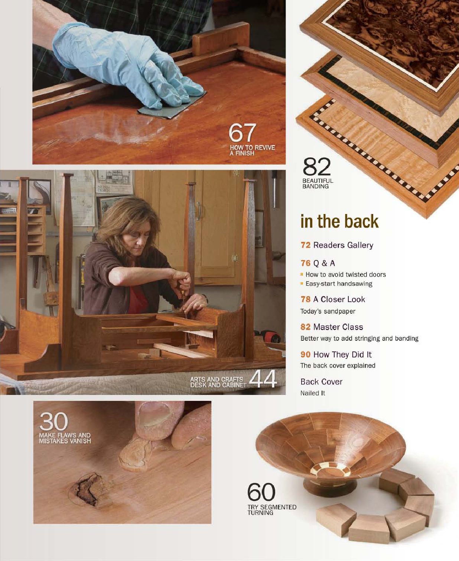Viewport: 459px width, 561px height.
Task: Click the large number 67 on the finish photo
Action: (x=242, y=133)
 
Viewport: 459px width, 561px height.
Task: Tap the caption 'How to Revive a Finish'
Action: (x=252, y=150)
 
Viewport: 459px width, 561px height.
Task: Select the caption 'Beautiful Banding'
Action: (x=318, y=184)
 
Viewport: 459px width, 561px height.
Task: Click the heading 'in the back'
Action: (x=339, y=221)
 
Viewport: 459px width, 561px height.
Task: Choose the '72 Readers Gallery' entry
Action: (x=337, y=245)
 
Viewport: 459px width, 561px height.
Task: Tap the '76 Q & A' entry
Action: (x=318, y=263)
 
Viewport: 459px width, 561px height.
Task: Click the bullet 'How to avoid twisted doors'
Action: (x=345, y=275)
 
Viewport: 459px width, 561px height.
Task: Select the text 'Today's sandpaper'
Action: (x=328, y=311)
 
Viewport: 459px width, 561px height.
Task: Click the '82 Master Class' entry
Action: (x=332, y=327)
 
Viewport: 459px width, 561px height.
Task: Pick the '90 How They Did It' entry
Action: (x=336, y=354)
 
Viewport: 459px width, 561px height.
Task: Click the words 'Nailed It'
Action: (x=312, y=393)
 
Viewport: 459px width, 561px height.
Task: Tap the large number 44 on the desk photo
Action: (x=263, y=379)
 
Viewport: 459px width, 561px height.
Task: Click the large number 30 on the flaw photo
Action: (x=53, y=422)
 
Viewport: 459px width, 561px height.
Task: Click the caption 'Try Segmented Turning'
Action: (x=271, y=510)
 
